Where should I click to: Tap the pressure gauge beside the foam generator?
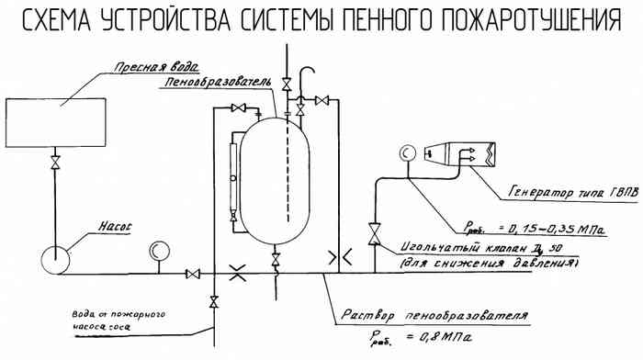[406, 155]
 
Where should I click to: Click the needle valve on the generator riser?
[374, 234]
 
